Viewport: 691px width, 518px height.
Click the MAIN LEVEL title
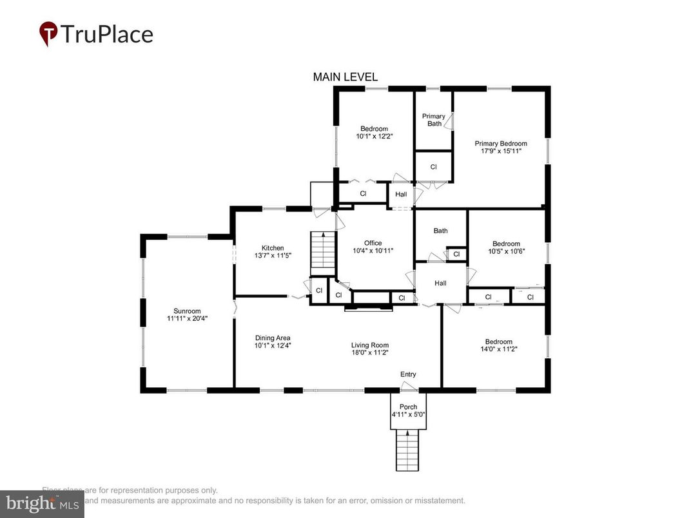click(345, 77)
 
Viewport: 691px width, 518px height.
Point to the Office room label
click(373, 243)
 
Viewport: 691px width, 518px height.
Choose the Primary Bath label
click(434, 120)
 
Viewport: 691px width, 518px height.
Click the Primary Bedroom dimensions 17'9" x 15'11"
click(501, 151)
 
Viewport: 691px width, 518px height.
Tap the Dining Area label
click(273, 338)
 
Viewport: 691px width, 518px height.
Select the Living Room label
click(369, 345)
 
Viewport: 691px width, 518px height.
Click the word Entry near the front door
click(408, 374)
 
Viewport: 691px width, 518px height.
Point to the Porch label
click(408, 407)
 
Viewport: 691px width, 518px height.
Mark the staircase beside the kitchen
click(323, 251)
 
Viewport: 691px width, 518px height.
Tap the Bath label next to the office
click(440, 231)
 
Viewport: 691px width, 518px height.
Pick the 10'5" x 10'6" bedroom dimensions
click(506, 252)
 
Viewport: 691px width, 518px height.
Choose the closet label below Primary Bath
click(434, 167)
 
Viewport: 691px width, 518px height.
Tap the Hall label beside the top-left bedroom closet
click(401, 194)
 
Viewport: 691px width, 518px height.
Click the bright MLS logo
click(42, 504)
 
